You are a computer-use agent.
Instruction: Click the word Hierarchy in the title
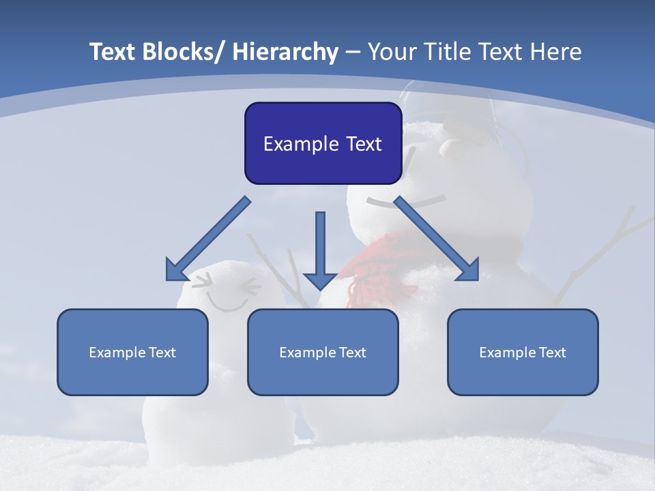coord(285,52)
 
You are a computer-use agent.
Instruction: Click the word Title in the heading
coord(450,52)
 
